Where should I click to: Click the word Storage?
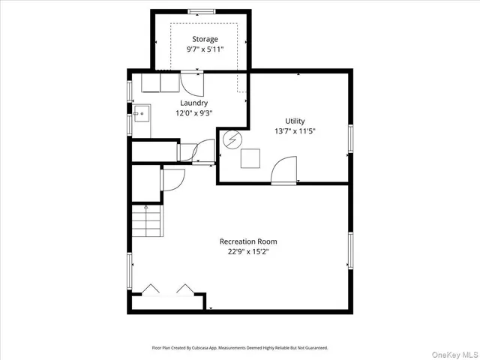click(205, 39)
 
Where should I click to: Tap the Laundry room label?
click(193, 103)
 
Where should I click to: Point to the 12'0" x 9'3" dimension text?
click(193, 114)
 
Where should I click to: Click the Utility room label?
click(295, 121)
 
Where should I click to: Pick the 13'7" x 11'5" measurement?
click(295, 131)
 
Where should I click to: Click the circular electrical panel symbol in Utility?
click(232, 139)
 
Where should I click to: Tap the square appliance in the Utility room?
click(250, 158)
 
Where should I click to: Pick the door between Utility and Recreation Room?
click(283, 170)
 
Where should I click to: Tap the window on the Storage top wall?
click(200, 10)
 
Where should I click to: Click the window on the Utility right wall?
click(350, 139)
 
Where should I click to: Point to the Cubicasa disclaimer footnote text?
click(240, 348)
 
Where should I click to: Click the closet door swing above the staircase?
click(172, 179)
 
